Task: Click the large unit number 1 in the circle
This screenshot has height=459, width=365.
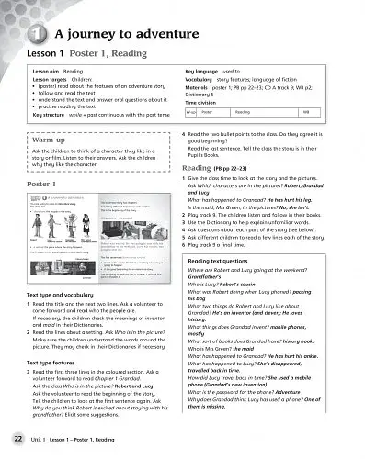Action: pos(32,36)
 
